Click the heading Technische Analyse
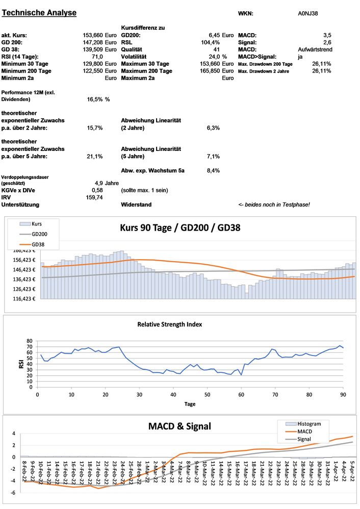tap(39, 13)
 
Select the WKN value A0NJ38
tap(308, 13)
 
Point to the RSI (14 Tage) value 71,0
tap(96, 57)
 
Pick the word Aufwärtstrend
tap(315, 49)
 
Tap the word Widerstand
tap(136, 204)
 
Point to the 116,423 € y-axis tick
tap(22, 299)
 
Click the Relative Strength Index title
tap(170, 324)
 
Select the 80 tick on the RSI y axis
tap(29, 341)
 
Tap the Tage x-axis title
tap(189, 403)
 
